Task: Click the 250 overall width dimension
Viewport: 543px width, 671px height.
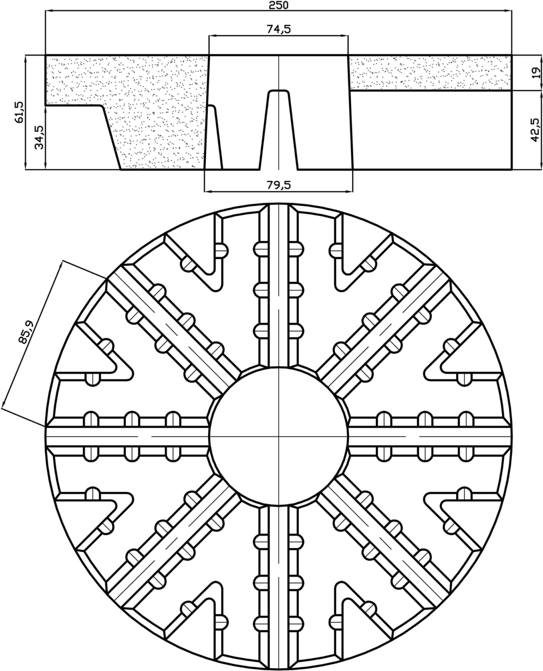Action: click(x=278, y=6)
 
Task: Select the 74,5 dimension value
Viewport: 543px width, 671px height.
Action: click(x=278, y=29)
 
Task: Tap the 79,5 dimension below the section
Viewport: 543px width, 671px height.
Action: click(x=278, y=185)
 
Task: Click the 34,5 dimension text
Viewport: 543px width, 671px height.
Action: click(x=40, y=137)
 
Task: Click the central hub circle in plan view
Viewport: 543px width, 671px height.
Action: click(x=278, y=436)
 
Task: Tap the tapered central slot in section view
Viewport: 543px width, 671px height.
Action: click(x=278, y=130)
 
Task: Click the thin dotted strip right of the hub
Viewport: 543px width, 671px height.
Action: click(x=429, y=73)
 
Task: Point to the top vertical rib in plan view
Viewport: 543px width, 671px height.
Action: click(x=279, y=288)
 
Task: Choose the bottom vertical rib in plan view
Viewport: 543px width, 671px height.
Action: click(x=279, y=584)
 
